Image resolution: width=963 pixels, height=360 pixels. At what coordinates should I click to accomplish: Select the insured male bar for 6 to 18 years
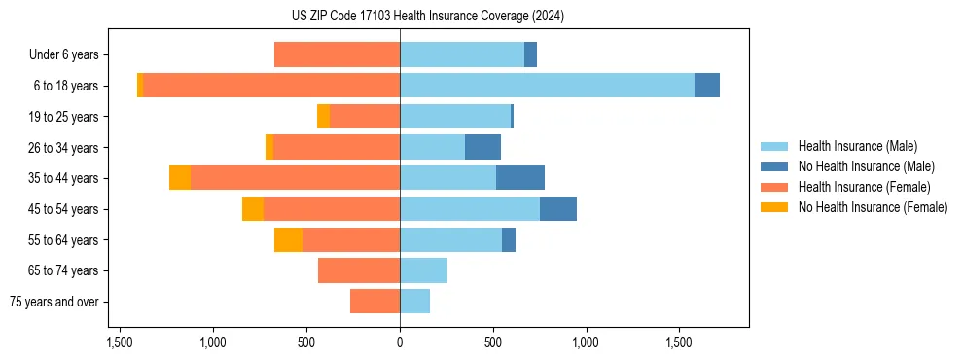(x=547, y=86)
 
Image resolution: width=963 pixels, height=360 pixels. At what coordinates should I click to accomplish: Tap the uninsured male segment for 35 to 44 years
(x=520, y=178)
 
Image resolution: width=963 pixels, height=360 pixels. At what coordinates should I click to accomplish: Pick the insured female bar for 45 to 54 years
(x=332, y=209)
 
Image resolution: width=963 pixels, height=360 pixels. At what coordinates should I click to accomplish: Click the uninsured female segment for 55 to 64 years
(x=288, y=239)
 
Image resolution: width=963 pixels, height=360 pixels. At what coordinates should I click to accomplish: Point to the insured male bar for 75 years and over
(x=414, y=302)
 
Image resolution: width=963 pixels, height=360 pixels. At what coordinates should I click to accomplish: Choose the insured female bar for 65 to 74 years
(x=359, y=270)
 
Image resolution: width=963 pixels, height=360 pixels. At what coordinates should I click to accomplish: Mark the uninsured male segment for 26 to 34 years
(x=482, y=147)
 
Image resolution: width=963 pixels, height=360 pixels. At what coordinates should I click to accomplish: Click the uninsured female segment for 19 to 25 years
(x=323, y=117)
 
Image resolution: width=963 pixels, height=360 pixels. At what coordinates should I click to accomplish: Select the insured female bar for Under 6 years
(x=337, y=54)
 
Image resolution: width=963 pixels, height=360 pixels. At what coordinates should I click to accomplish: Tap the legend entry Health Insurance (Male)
(x=857, y=146)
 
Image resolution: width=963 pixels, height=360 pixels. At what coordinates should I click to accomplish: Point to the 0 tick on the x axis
(x=400, y=342)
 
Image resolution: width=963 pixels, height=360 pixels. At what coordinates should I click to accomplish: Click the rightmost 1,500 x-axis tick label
(x=679, y=342)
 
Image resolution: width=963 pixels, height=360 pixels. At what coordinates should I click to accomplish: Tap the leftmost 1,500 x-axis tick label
(x=120, y=342)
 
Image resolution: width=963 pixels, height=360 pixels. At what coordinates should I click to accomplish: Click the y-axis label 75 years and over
(x=54, y=302)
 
